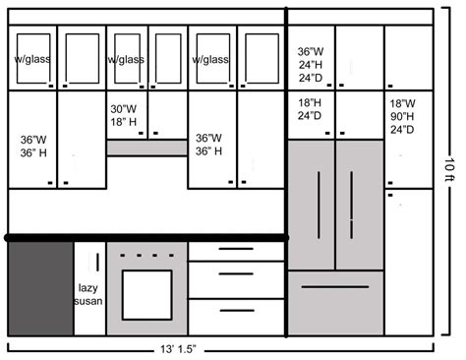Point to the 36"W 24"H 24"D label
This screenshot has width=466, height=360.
click(312, 63)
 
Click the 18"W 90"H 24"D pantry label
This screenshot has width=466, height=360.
click(403, 116)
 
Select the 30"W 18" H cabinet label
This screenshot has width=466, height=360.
click(125, 116)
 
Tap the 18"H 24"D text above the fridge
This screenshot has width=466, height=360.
click(309, 108)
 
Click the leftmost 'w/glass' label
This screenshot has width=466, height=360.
click(32, 60)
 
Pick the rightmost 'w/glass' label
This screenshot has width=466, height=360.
click(210, 60)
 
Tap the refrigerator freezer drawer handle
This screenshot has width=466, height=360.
click(334, 287)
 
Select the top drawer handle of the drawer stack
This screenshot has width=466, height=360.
click(236, 250)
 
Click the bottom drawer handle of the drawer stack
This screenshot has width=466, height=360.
click(236, 313)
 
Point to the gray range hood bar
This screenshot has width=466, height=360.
click(146, 148)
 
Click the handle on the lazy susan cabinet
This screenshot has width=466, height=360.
click(98, 264)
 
